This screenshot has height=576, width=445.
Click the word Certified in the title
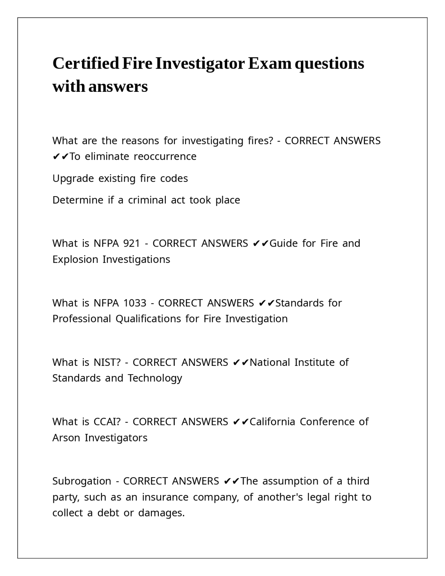(x=86, y=64)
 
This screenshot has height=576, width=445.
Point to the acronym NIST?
(x=107, y=362)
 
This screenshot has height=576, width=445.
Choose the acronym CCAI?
(x=107, y=422)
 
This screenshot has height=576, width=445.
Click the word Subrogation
(x=82, y=481)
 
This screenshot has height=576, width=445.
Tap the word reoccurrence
(x=165, y=157)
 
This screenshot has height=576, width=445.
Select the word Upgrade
(x=73, y=179)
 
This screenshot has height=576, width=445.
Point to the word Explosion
(x=75, y=259)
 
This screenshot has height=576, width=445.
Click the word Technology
(x=155, y=378)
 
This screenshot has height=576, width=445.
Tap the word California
(x=272, y=422)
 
